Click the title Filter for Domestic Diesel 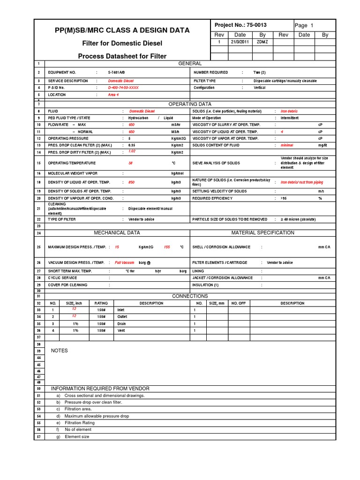point(122,44)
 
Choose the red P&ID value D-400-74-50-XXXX point(123,88)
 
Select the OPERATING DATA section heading point(190,104)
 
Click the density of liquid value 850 point(132,182)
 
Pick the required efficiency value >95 point(284,198)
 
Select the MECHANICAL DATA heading point(117,232)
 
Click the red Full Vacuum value point(124,262)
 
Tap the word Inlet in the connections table point(121,310)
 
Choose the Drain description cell point(121,323)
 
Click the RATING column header point(101,303)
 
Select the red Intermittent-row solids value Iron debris point(289,111)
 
